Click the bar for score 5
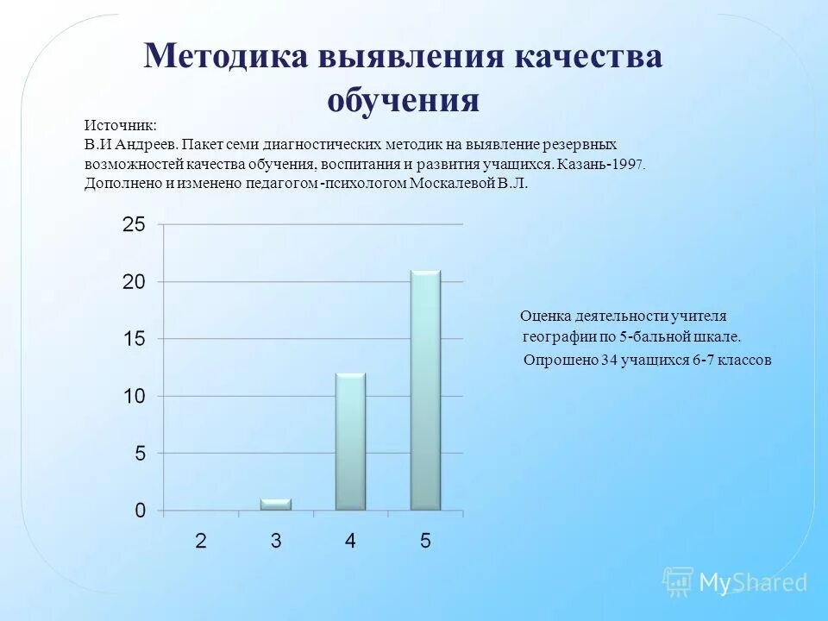coord(425,390)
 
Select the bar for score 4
coord(350,441)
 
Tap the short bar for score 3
coord(276,505)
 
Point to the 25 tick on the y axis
coord(134,224)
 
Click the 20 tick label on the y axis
coord(134,282)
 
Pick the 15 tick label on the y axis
coord(134,339)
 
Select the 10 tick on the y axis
coord(134,396)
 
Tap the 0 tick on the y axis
coord(140,511)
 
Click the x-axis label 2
coord(201,542)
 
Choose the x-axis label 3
coord(276,542)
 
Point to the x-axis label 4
coord(350,542)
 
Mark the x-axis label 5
coord(425,542)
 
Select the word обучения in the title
coord(403,100)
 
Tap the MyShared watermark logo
coord(735,582)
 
